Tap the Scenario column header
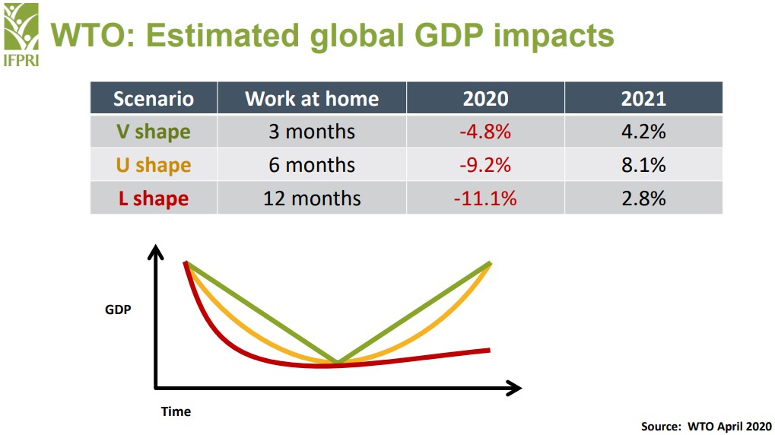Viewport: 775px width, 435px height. point(154,98)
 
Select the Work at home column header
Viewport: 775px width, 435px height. point(312,98)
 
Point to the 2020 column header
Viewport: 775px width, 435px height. point(485,99)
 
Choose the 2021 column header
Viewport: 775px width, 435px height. point(643,99)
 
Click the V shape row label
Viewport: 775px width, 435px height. point(154,132)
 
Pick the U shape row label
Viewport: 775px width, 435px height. point(154,165)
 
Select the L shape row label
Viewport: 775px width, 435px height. point(154,198)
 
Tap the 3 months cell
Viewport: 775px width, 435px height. point(312,132)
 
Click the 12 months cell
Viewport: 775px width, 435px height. point(312,198)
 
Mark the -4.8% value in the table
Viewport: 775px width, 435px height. point(485,132)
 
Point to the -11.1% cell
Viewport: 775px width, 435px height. point(485,198)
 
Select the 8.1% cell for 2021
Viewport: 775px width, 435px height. point(643,165)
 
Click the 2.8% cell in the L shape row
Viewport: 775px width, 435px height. point(643,198)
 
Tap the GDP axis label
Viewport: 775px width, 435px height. point(118,310)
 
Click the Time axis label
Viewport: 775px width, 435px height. point(176,411)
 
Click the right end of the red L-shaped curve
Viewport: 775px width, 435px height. point(489,351)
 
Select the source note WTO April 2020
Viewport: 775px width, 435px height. point(707,426)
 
